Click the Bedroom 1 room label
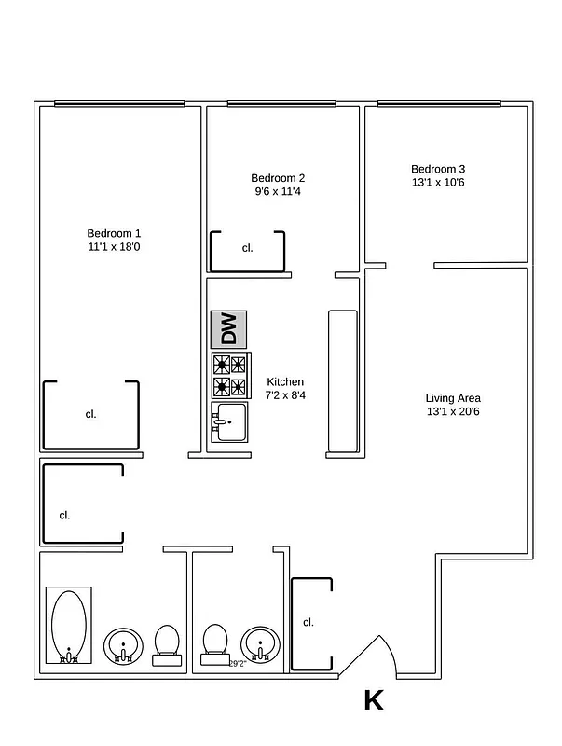pyautogui.click(x=114, y=240)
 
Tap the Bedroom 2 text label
pyautogui.click(x=278, y=185)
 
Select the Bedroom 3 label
pyautogui.click(x=437, y=175)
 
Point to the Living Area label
pyautogui.click(x=453, y=404)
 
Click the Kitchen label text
pyautogui.click(x=285, y=389)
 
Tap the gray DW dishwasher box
pyautogui.click(x=228, y=329)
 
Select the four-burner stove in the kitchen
pyautogui.click(x=229, y=375)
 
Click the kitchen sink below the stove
pyautogui.click(x=228, y=422)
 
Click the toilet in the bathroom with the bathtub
pyautogui.click(x=167, y=644)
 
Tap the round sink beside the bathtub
pyautogui.click(x=122, y=644)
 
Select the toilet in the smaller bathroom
pyautogui.click(x=215, y=644)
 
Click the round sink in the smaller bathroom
pyautogui.click(x=260, y=644)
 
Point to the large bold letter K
pyautogui.click(x=374, y=700)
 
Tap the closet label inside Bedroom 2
pyautogui.click(x=248, y=248)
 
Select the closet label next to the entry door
pyautogui.click(x=308, y=622)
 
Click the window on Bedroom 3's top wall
pyautogui.click(x=438, y=104)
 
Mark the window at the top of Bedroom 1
pyautogui.click(x=117, y=104)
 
